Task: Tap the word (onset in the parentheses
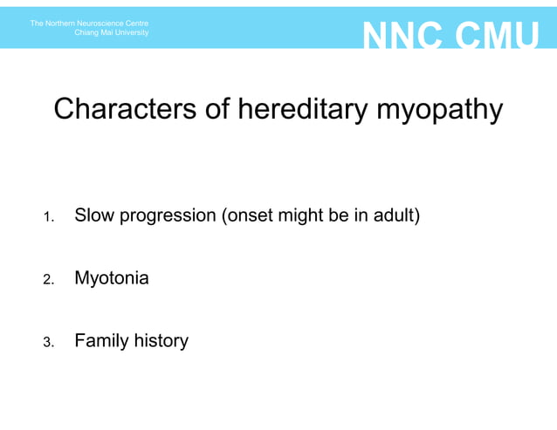point(249,215)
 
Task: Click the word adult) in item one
point(396,215)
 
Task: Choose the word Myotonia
point(112,279)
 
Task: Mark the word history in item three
point(161,341)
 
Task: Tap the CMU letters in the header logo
point(499,37)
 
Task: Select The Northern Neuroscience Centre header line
point(89,23)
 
